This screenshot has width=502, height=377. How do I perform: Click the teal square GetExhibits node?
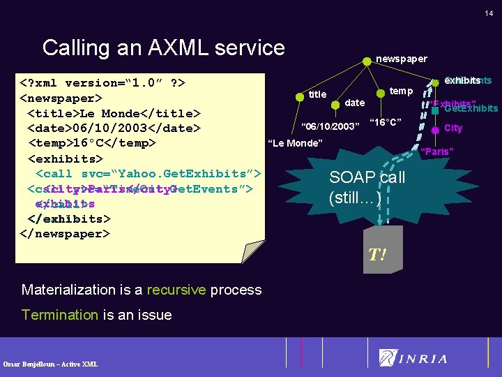435,109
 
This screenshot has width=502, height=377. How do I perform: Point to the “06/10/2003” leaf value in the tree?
329,126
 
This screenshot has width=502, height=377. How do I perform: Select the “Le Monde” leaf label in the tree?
295,144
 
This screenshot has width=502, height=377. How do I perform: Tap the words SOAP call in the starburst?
367,177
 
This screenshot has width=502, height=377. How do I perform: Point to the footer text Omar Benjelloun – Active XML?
50,364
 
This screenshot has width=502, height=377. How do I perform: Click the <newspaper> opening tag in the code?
61,98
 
